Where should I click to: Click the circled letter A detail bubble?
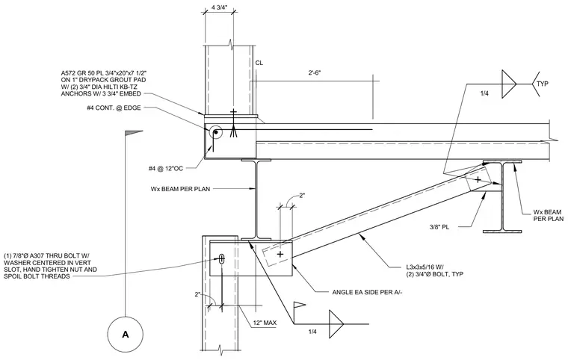click(126, 334)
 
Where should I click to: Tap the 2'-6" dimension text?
click(315, 72)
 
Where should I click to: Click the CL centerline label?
click(259, 63)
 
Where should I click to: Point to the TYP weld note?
click(543, 84)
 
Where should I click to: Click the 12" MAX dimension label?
click(265, 323)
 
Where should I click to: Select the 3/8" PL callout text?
click(439, 228)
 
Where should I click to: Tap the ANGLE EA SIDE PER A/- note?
click(367, 292)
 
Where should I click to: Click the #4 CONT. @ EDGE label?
click(114, 108)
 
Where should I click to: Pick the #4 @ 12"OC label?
click(171, 168)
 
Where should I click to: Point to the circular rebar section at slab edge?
click(216, 132)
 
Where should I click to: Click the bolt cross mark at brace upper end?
click(478, 179)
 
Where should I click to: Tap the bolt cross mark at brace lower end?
click(280, 254)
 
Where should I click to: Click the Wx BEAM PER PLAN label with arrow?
click(180, 189)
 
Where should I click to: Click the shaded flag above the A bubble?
click(133, 133)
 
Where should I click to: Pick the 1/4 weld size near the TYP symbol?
click(484, 93)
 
